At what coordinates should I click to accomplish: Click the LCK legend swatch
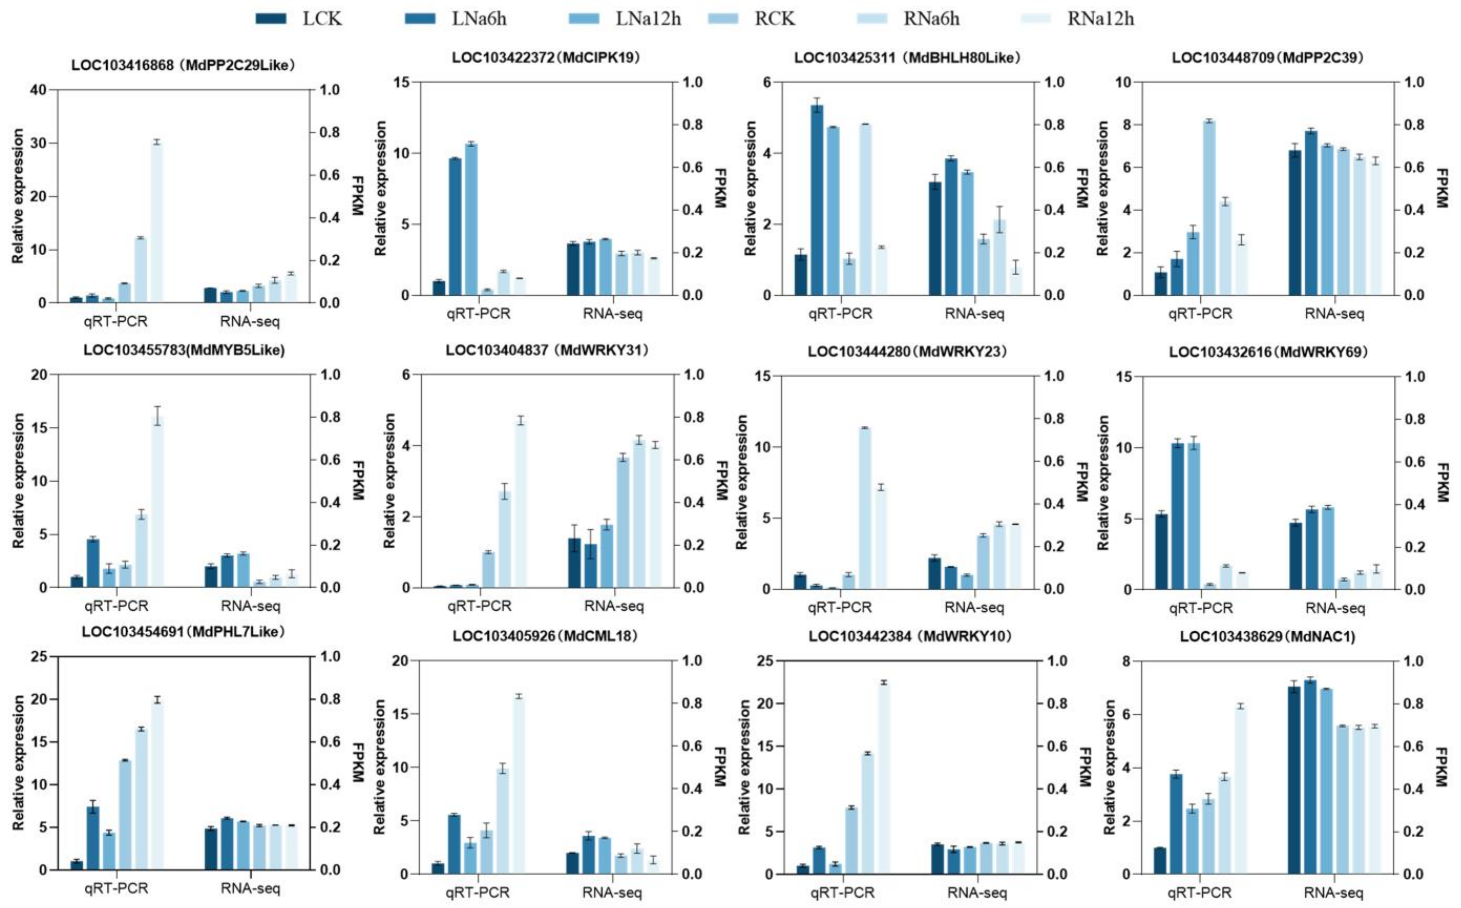(x=271, y=18)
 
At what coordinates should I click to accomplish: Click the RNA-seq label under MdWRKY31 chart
(x=614, y=606)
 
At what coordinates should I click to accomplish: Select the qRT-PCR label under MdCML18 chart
(x=478, y=892)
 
